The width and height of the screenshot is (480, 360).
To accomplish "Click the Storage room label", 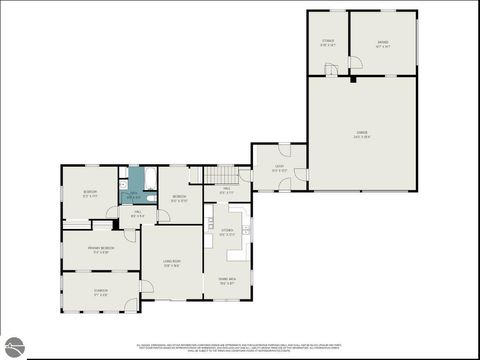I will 327,43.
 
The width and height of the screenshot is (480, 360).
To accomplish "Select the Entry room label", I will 279,169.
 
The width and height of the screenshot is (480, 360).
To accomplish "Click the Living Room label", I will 172,263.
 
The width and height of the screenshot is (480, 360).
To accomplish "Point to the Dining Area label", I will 227,280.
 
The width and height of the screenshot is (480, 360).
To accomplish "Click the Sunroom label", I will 100,292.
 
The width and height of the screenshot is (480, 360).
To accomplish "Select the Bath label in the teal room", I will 135,197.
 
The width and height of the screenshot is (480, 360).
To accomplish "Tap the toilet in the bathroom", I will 123,185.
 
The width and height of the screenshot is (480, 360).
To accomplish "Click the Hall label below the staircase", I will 227,191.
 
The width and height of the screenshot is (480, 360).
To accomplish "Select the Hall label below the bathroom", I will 137,214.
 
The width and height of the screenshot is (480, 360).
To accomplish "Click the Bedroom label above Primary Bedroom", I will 90,192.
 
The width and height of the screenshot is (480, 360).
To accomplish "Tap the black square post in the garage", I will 353,78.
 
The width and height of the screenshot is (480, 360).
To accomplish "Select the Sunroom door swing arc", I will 146,287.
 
